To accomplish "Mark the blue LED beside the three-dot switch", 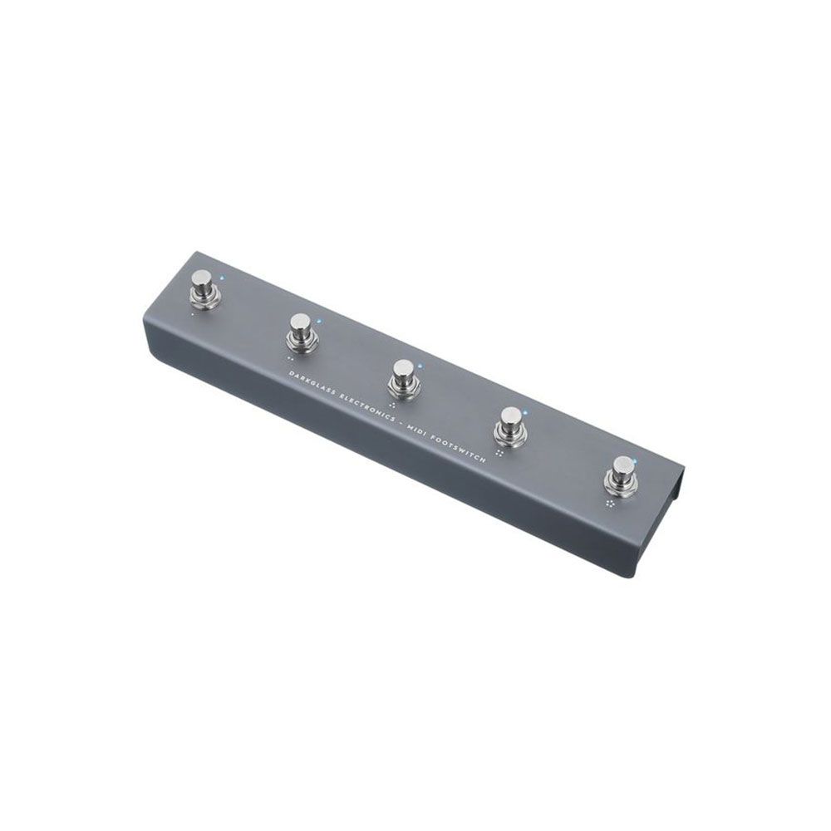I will (420, 366).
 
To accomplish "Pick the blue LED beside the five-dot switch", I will (634, 460).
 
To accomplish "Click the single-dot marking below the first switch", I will (193, 315).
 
